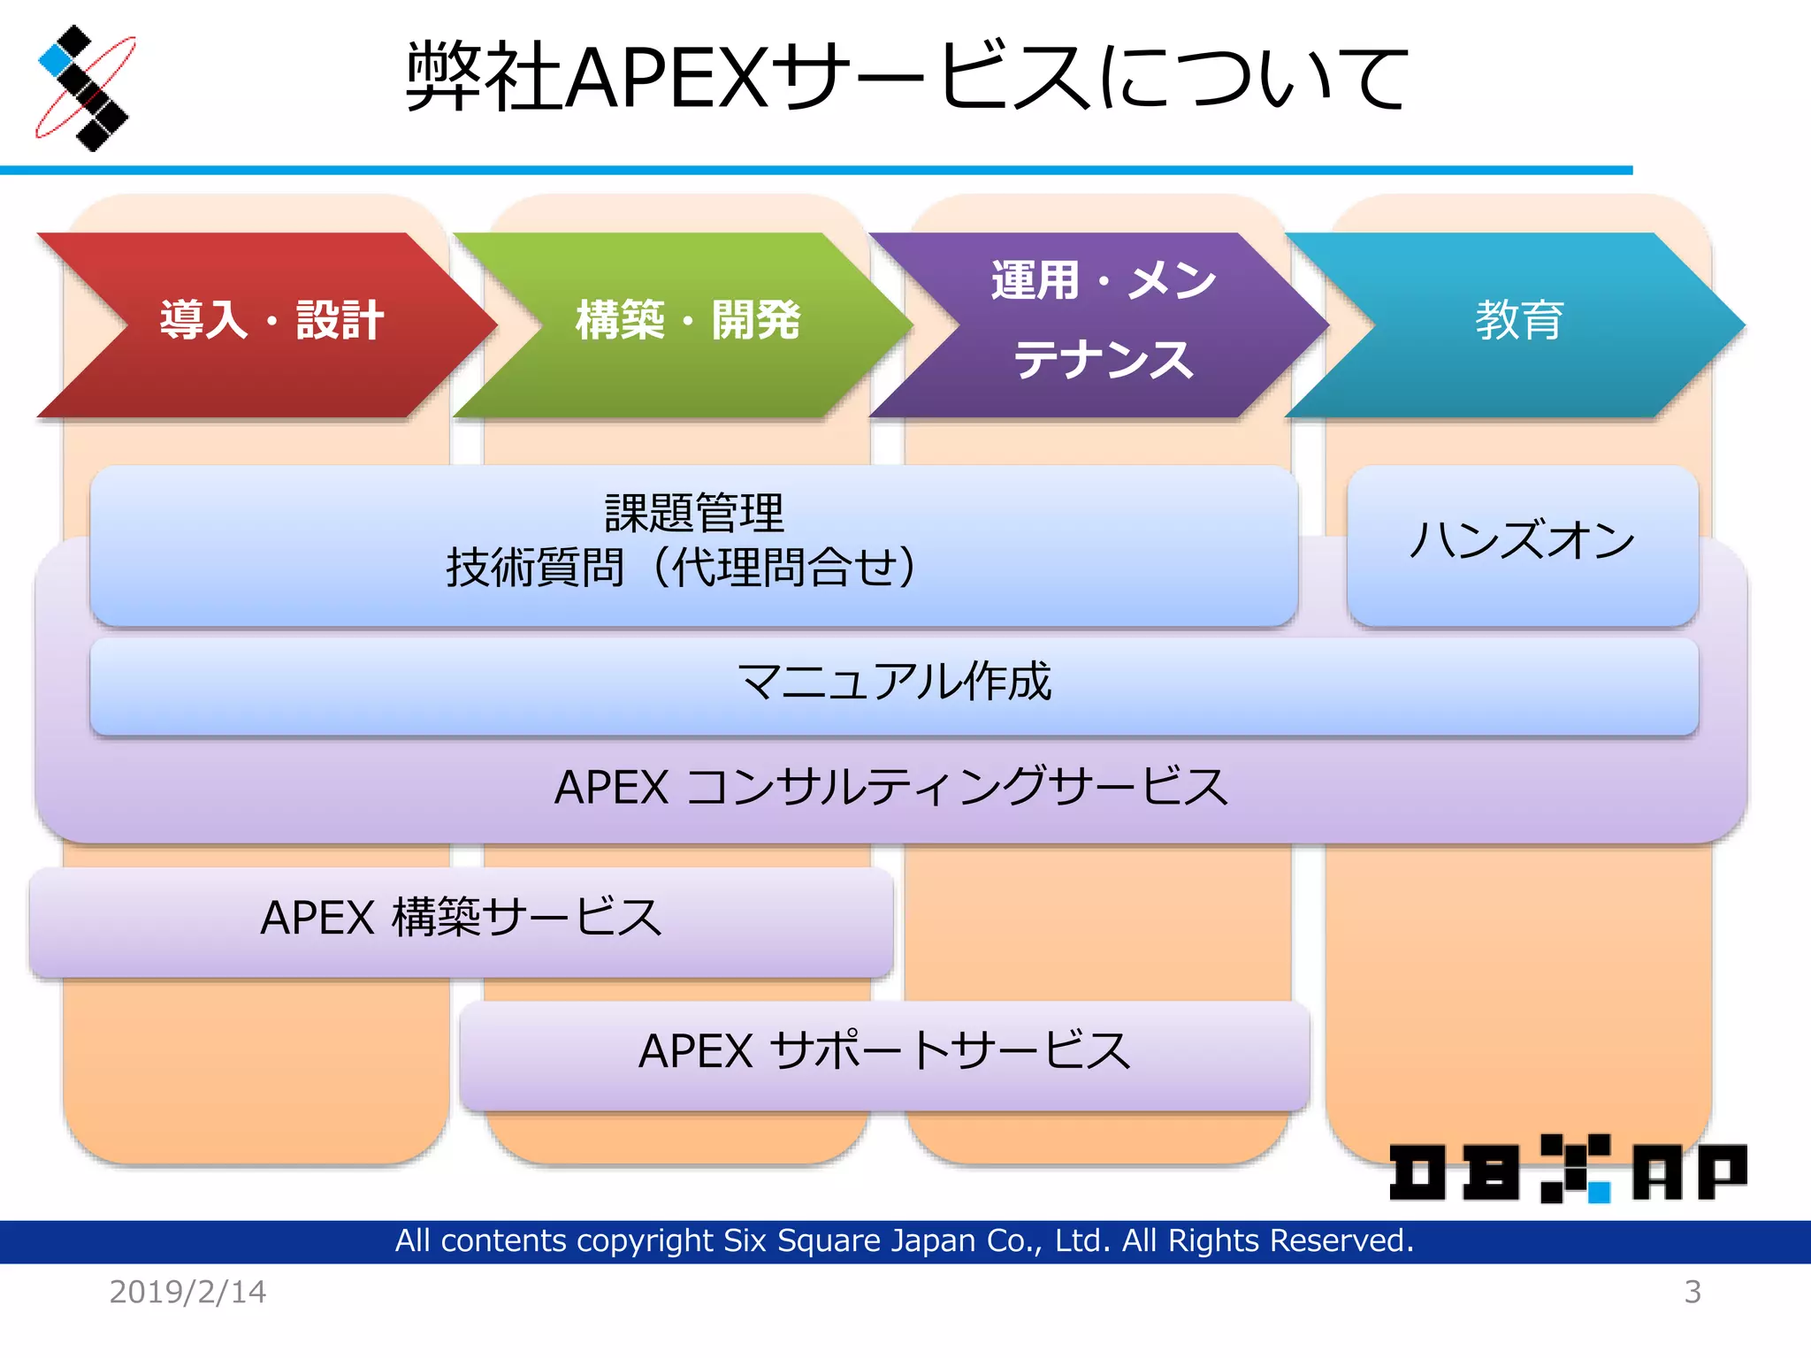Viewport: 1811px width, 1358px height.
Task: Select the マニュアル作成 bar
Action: point(893,684)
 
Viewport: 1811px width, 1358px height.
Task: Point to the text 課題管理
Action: point(694,514)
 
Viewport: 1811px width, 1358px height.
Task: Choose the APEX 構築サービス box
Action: point(461,919)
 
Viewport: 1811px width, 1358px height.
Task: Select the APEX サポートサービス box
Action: point(884,1053)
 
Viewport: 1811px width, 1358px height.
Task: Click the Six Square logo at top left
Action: point(85,88)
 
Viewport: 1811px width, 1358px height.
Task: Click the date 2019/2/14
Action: point(187,1293)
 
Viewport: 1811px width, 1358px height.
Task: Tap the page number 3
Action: point(1693,1293)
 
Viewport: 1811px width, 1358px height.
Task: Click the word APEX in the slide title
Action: point(668,78)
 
